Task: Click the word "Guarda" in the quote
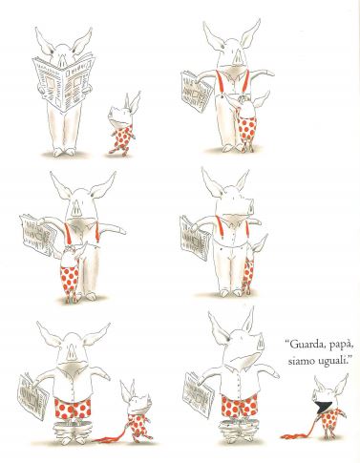(x=303, y=345)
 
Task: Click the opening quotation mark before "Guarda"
(x=286, y=342)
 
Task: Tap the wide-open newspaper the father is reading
(x=64, y=81)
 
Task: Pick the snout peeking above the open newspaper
(x=62, y=60)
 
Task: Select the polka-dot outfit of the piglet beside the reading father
(x=123, y=137)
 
